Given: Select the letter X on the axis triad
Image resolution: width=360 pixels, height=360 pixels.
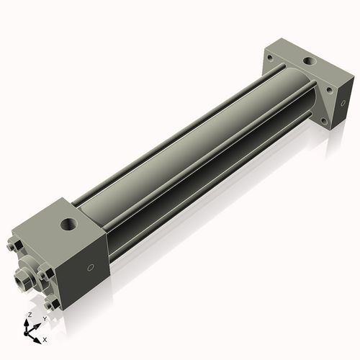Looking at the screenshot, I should (45, 338).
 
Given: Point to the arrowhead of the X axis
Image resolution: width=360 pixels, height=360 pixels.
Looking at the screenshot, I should (39, 336).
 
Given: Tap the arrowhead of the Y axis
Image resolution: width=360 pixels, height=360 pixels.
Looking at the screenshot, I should (37, 324).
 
